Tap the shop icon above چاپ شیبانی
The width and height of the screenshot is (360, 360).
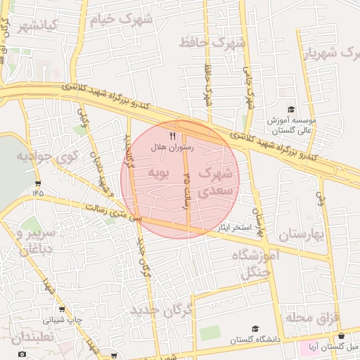63,309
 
